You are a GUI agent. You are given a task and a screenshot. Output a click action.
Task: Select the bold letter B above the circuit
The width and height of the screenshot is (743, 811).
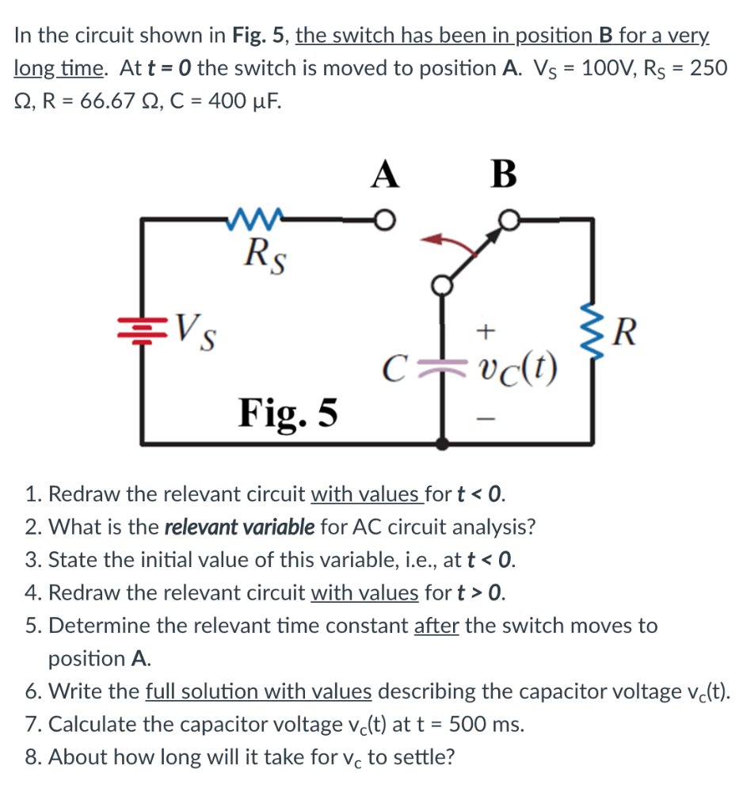click(x=504, y=173)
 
